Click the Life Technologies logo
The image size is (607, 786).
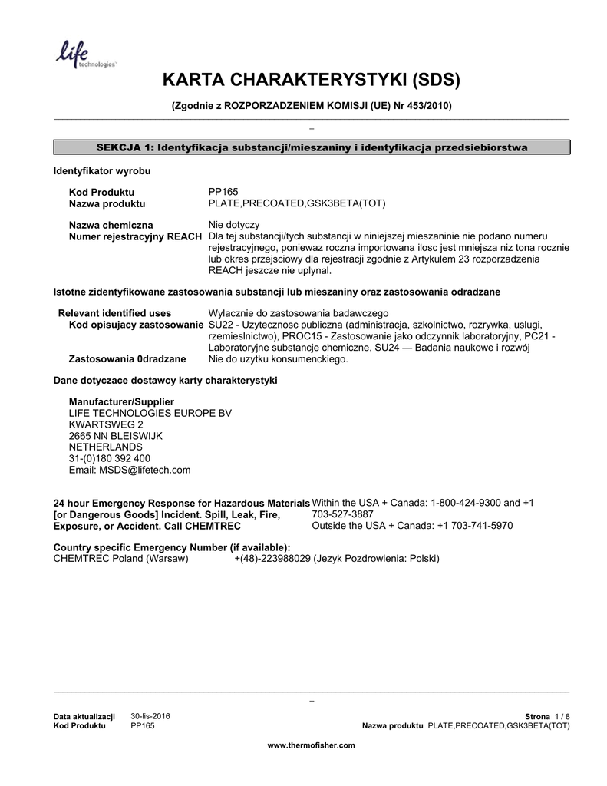[84, 54]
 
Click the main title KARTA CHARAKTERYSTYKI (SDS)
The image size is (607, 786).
[311, 81]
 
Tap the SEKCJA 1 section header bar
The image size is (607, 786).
[311, 147]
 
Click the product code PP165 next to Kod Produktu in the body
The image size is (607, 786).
[223, 191]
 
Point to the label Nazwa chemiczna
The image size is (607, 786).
[111, 225]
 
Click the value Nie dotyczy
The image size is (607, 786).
[234, 225]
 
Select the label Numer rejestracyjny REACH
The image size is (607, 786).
[135, 236]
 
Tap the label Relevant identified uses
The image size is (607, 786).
[115, 313]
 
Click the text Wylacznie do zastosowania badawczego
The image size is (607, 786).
[299, 313]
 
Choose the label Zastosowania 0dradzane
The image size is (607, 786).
[127, 358]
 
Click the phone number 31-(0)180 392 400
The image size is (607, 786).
[109, 458]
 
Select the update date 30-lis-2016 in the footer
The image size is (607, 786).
[150, 716]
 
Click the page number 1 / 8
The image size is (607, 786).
[562, 716]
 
